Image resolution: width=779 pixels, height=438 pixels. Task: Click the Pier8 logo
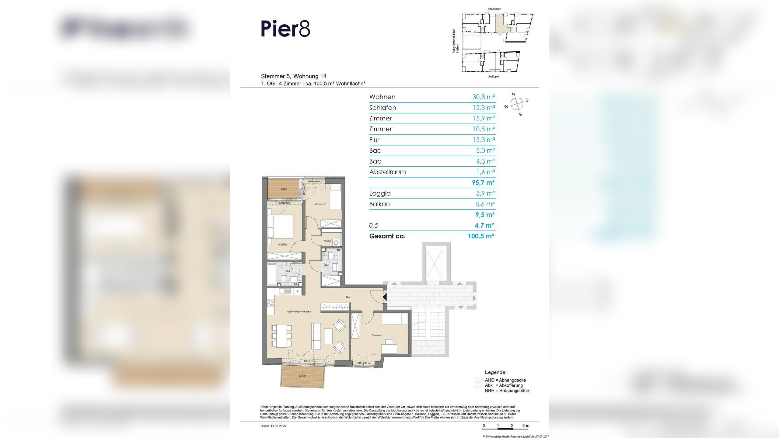click(285, 29)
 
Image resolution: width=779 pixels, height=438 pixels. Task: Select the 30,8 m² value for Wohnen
click(483, 97)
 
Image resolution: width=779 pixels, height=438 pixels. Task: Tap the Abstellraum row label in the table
click(387, 172)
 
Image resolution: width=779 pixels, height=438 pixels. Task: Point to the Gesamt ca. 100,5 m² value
click(480, 236)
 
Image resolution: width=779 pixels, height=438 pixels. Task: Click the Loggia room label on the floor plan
click(283, 189)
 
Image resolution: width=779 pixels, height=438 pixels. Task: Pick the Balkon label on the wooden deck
click(302, 376)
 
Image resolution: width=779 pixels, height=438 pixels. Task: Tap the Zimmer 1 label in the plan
click(377, 335)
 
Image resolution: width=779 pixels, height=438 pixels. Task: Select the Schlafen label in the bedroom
click(282, 245)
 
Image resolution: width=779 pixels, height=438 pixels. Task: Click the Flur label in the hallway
click(348, 297)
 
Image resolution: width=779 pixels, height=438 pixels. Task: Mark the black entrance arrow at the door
click(385, 297)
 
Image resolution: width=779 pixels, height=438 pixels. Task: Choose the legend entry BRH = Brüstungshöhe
click(507, 391)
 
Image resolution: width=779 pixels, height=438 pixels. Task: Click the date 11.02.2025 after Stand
click(278, 426)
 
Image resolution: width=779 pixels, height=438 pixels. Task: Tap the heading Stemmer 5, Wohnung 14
click(294, 76)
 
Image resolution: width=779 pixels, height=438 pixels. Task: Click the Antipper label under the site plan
click(494, 77)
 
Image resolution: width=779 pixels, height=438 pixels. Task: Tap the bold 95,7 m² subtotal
click(483, 183)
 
